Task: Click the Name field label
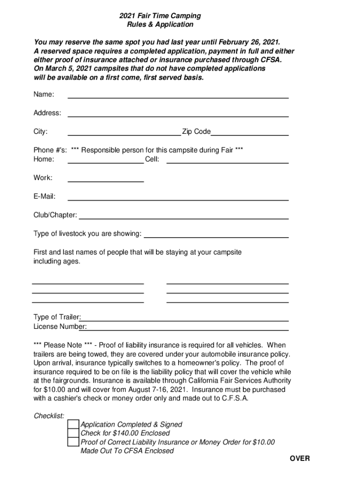[x=43, y=94]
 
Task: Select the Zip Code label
[x=196, y=132]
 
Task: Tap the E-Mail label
[x=44, y=196]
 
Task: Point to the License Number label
[x=60, y=327]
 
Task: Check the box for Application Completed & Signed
[x=73, y=424]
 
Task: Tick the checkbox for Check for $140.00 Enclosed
[x=73, y=433]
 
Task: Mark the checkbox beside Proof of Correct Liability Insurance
[x=73, y=442]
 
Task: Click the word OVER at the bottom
[x=299, y=458]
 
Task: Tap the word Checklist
[x=49, y=415]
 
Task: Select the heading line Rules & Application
[x=160, y=24]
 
